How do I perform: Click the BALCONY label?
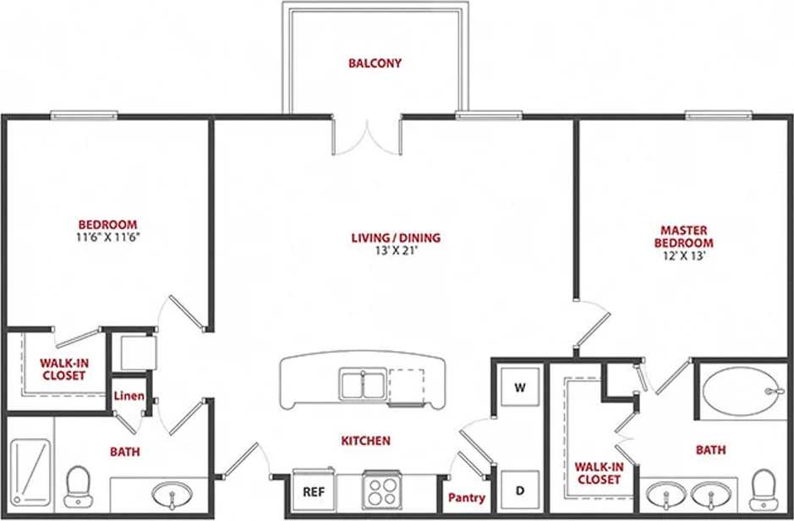[x=375, y=63]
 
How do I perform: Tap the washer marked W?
[x=521, y=389]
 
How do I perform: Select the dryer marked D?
[x=521, y=490]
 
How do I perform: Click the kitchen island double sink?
[x=363, y=384]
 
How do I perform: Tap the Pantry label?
[x=466, y=498]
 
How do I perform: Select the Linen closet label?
[x=130, y=397]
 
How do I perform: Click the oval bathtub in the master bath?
[x=742, y=390]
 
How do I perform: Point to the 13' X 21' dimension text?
[x=396, y=250]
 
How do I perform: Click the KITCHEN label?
[x=365, y=441]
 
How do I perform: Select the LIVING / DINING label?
[x=396, y=238]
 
